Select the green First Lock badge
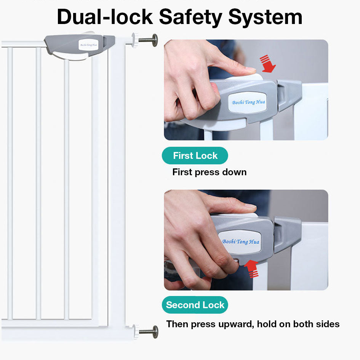coord(195,155)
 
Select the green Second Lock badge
coord(195,305)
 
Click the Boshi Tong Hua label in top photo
coord(248,102)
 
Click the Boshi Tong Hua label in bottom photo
coord(240,242)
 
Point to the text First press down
coord(209,172)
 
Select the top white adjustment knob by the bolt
coord(135,40)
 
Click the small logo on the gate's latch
coord(88,45)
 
